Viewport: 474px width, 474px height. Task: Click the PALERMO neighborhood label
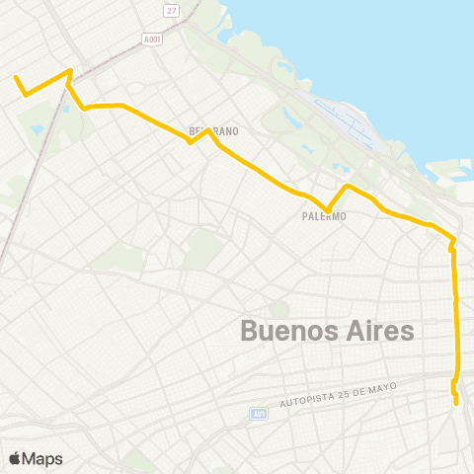point(324,216)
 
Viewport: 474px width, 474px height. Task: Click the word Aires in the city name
point(381,332)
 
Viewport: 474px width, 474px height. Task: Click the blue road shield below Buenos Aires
point(258,413)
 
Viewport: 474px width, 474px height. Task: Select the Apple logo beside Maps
point(14,458)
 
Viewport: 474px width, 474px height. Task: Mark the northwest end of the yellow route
point(15,76)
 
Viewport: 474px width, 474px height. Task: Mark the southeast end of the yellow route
point(456,403)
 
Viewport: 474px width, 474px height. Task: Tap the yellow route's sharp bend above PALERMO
point(347,186)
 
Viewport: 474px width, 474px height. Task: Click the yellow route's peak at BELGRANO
point(206,129)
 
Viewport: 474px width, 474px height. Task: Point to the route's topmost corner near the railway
point(69,70)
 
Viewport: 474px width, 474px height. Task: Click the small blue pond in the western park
point(38,129)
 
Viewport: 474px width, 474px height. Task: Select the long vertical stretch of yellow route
point(456,316)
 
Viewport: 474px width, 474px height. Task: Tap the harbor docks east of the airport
point(444,178)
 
